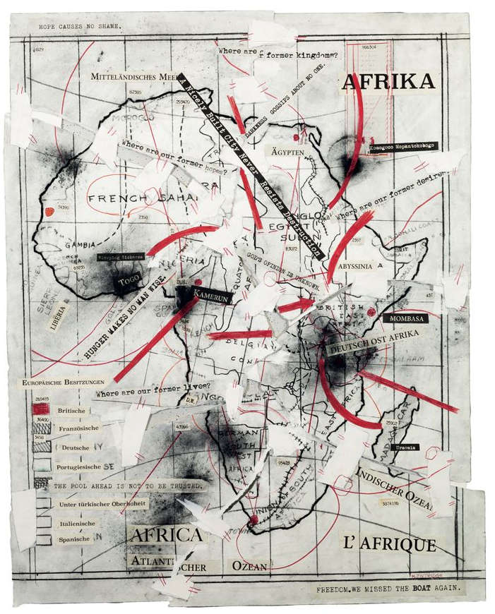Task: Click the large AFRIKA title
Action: click(388, 83)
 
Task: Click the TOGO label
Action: click(129, 281)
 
